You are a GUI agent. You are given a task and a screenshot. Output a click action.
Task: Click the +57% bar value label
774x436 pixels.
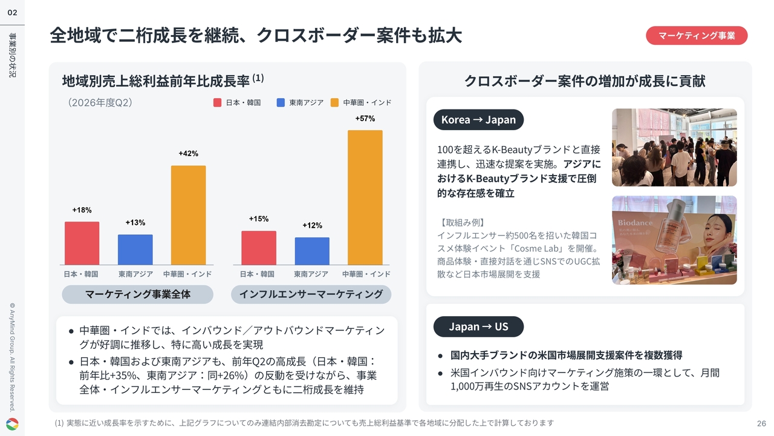coord(365,119)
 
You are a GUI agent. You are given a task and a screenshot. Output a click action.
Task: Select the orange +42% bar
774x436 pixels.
coord(188,215)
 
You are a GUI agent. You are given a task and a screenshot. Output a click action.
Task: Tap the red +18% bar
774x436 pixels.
coord(82,243)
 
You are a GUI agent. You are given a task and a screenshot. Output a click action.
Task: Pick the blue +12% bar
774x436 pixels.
coord(312,251)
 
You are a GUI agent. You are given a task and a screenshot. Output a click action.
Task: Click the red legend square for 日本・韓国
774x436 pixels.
coord(217,102)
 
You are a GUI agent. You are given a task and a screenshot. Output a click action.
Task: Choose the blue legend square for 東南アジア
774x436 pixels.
coord(281,102)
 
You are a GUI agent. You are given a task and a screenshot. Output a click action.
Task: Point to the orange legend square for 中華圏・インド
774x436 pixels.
coord(334,102)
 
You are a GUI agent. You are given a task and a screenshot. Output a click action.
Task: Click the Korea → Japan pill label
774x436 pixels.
coord(478,120)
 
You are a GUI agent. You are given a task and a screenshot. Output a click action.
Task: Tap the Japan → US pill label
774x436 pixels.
coord(478,326)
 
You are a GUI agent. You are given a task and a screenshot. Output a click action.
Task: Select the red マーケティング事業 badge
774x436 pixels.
coord(697,36)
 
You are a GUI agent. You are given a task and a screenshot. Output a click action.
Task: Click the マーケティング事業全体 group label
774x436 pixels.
coord(137,294)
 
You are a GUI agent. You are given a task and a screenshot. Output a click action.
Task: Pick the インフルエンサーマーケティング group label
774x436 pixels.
coord(311,294)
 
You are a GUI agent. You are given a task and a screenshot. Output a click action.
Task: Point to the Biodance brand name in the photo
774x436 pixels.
coord(635,223)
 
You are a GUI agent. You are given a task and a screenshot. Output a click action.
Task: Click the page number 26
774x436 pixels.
coord(761,423)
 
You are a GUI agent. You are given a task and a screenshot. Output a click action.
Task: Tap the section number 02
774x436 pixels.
coord(13,13)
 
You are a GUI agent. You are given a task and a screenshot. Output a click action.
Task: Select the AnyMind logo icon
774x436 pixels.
coord(13,424)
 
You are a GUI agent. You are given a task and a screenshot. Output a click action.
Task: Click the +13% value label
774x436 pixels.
coord(135,222)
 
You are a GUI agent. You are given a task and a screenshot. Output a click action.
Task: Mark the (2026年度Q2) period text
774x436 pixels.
coord(100,102)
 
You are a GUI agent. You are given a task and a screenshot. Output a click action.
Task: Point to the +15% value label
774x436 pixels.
coord(259,219)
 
